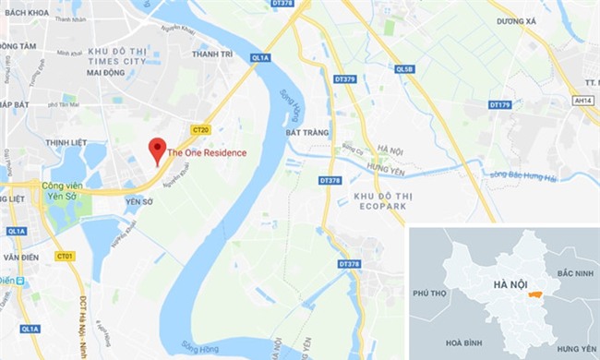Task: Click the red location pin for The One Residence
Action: point(158,149)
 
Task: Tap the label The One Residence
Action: point(207,152)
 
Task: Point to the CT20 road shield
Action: point(201,129)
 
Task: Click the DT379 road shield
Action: point(344,79)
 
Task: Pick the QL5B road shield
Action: point(404,69)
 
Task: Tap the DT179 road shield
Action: point(499,104)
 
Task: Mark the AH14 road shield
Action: point(582,100)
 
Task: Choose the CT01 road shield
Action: point(65,256)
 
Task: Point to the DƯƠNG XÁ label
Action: point(516,20)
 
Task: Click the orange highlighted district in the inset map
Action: point(534,295)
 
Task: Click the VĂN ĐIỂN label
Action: point(19,258)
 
